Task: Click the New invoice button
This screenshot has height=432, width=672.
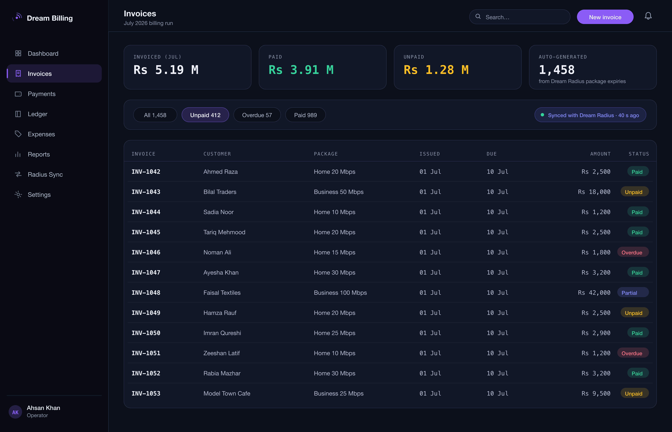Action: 605,17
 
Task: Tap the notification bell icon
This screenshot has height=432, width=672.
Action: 648,16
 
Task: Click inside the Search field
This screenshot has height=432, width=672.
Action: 519,17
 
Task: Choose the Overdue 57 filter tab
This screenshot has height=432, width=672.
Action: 257,115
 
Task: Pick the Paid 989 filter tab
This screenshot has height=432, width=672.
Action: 305,115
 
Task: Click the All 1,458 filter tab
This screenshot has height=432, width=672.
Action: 155,115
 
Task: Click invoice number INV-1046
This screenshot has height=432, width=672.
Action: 146,252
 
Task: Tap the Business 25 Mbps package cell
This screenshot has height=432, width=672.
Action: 339,393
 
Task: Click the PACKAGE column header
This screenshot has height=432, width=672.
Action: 326,154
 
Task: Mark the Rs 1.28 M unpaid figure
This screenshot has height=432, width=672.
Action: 436,70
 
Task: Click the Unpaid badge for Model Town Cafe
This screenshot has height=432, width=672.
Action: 634,393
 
